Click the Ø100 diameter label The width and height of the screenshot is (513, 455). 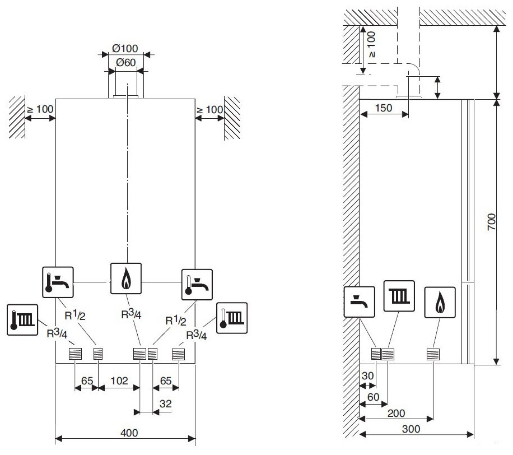pos(125,48)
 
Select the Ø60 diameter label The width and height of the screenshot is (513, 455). pos(125,62)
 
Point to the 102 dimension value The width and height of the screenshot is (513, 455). pos(119,380)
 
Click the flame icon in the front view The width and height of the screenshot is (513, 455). pos(125,278)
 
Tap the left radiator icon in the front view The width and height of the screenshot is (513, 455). pos(23,320)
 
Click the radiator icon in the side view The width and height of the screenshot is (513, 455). pos(399,296)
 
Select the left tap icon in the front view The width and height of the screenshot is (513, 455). pos(58,281)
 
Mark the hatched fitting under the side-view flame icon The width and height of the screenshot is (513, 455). pos(433,354)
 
